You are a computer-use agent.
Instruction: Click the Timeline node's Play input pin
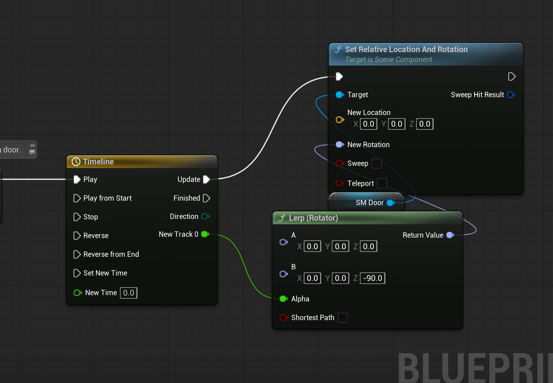point(77,179)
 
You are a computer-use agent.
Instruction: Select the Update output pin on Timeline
point(206,179)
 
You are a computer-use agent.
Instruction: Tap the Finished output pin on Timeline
point(206,198)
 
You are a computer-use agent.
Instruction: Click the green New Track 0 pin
point(205,234)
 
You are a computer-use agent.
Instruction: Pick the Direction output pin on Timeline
point(205,216)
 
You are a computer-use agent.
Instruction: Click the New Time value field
point(128,292)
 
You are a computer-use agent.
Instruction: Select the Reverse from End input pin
point(77,254)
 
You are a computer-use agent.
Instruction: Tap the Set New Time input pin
point(77,273)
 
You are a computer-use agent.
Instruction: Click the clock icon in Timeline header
point(76,162)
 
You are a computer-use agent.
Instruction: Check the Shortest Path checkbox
point(343,317)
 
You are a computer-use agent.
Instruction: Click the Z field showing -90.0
point(373,278)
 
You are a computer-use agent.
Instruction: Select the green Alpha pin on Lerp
point(283,299)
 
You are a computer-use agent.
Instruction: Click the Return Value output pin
point(450,235)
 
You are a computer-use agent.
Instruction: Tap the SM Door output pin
point(390,203)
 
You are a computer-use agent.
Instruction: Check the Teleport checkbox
point(382,183)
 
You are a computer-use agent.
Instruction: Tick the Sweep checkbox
point(376,163)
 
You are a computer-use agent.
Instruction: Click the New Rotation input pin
point(339,144)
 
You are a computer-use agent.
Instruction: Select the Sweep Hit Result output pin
point(511,95)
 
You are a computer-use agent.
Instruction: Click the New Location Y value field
point(396,124)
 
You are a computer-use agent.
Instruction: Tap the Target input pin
point(339,95)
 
